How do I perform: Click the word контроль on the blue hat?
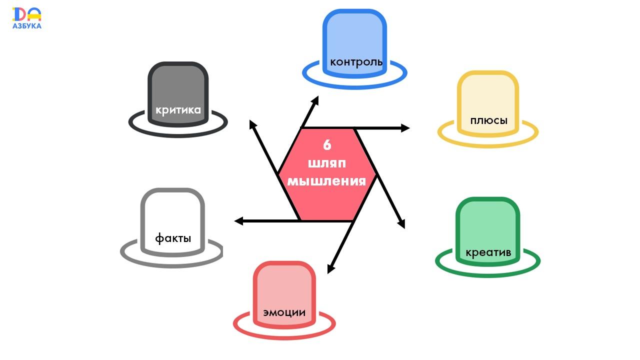(356, 62)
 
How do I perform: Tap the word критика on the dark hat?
(178, 110)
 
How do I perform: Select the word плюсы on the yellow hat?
(488, 121)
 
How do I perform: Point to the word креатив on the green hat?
(488, 252)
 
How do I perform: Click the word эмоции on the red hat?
(284, 313)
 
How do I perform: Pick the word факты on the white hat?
(173, 238)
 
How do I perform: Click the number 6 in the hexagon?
(327, 145)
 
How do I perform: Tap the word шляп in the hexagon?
(327, 163)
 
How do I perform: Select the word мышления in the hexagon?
(327, 180)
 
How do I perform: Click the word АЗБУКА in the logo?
(27, 25)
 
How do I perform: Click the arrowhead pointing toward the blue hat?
(315, 100)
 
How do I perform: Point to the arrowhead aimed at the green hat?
(401, 224)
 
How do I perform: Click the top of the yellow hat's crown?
(488, 74)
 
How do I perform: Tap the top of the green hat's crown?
(487, 200)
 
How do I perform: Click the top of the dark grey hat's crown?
(177, 65)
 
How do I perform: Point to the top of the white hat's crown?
(172, 191)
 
